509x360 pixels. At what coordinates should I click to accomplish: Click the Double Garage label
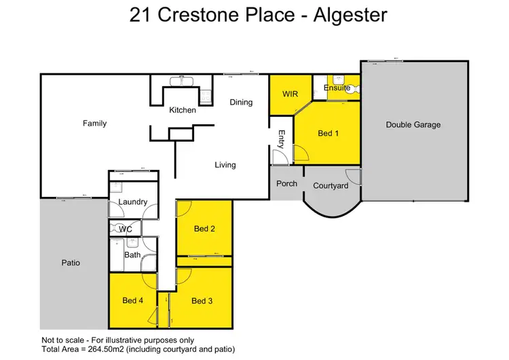tap(413, 124)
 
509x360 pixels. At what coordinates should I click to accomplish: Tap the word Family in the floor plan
tap(94, 124)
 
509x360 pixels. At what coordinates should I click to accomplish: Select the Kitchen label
tap(183, 110)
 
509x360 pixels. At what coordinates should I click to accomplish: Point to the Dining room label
tap(241, 103)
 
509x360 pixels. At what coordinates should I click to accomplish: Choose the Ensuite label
tap(337, 88)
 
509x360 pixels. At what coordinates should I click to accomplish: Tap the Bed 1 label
tap(328, 133)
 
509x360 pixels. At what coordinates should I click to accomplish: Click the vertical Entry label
tap(281, 140)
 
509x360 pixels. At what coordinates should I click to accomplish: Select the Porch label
tap(286, 183)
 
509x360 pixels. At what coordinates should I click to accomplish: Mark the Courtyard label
tap(331, 186)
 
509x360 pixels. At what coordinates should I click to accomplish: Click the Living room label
tap(225, 165)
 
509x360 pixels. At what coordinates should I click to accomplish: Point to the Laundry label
tap(133, 202)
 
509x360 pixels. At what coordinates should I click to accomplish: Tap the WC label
tap(126, 230)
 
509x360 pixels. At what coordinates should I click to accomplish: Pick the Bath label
tap(132, 255)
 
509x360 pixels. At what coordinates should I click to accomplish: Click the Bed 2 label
tap(204, 229)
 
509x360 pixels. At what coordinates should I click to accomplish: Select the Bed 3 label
tap(202, 301)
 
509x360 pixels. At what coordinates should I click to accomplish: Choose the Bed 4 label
tap(133, 301)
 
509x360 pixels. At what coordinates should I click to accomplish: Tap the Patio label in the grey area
tap(71, 262)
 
